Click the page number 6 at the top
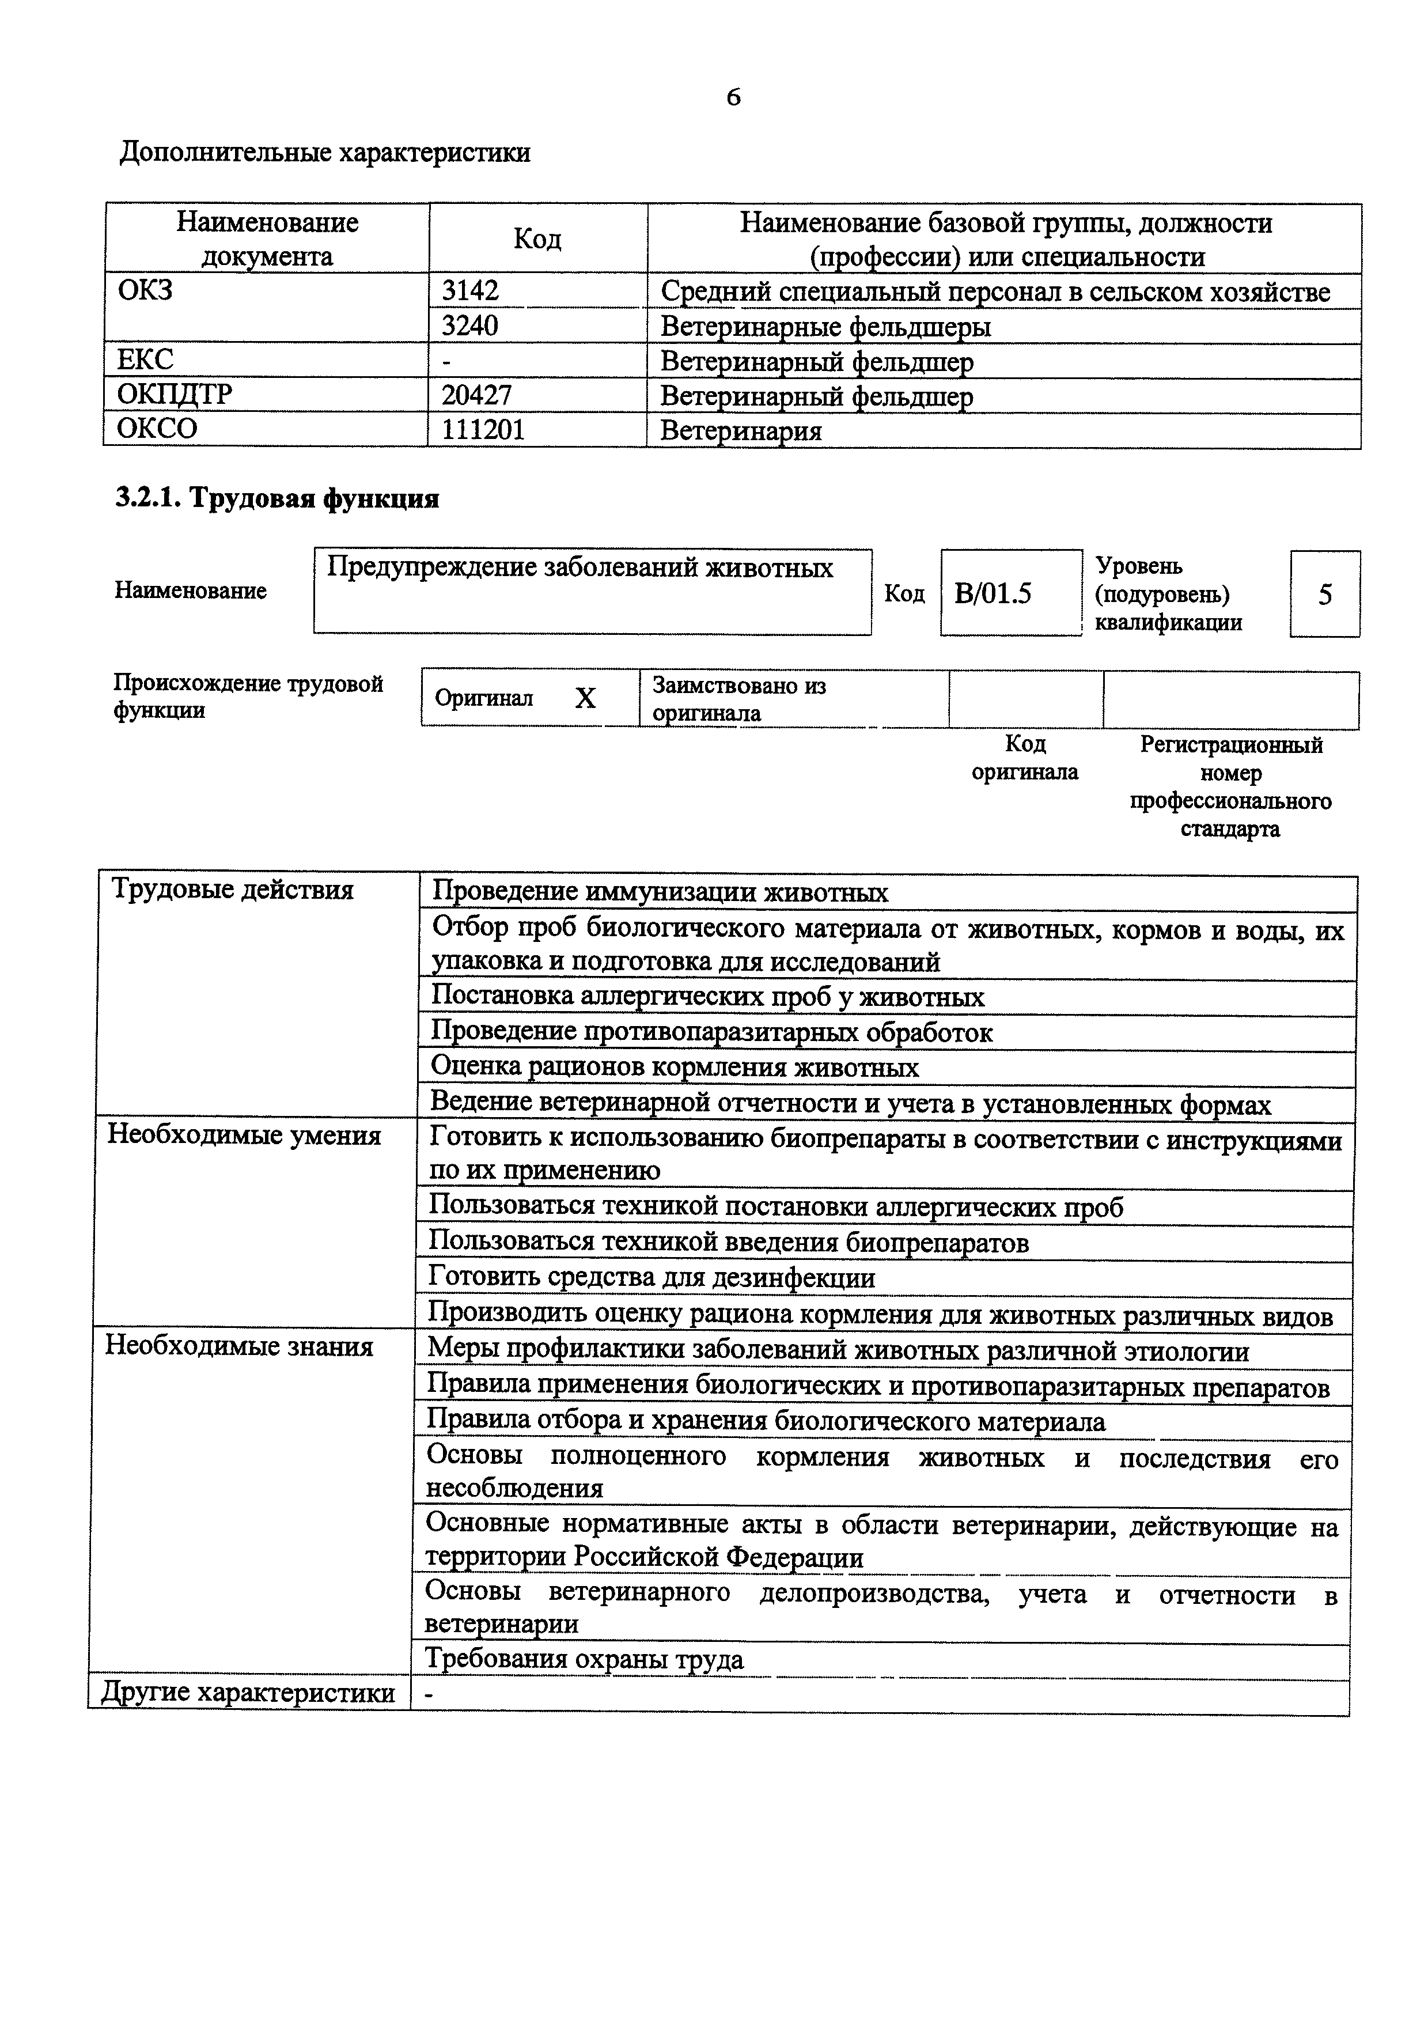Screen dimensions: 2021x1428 point(733,97)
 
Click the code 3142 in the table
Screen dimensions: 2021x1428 point(470,290)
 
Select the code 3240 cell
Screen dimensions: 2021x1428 point(470,326)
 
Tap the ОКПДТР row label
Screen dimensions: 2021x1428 point(175,394)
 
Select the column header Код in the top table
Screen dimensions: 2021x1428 point(537,239)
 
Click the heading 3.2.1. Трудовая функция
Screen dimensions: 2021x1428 point(277,499)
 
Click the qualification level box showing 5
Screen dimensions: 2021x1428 point(1324,595)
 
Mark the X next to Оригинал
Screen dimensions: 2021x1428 point(585,698)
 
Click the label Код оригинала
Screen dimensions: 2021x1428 point(1024,758)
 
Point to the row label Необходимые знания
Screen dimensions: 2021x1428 point(239,1347)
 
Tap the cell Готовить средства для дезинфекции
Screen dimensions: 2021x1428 point(651,1277)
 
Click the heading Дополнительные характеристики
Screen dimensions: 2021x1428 point(325,153)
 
